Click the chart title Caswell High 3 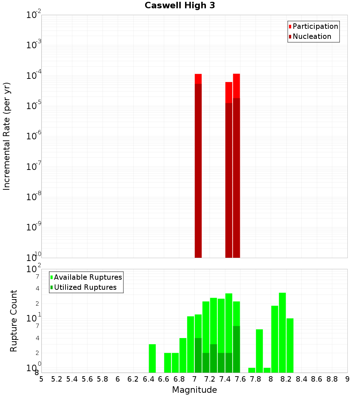(x=180, y=6)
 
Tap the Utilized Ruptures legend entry (x=85, y=287)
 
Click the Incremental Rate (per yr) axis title (x=7, y=136)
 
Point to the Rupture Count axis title (x=14, y=321)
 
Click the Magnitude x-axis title (x=194, y=390)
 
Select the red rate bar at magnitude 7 (x=198, y=166)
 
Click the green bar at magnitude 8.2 (x=290, y=345)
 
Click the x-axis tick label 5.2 (x=57, y=379)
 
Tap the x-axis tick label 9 (x=347, y=379)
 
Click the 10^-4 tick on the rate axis (x=34, y=76)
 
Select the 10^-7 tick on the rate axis (x=34, y=167)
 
